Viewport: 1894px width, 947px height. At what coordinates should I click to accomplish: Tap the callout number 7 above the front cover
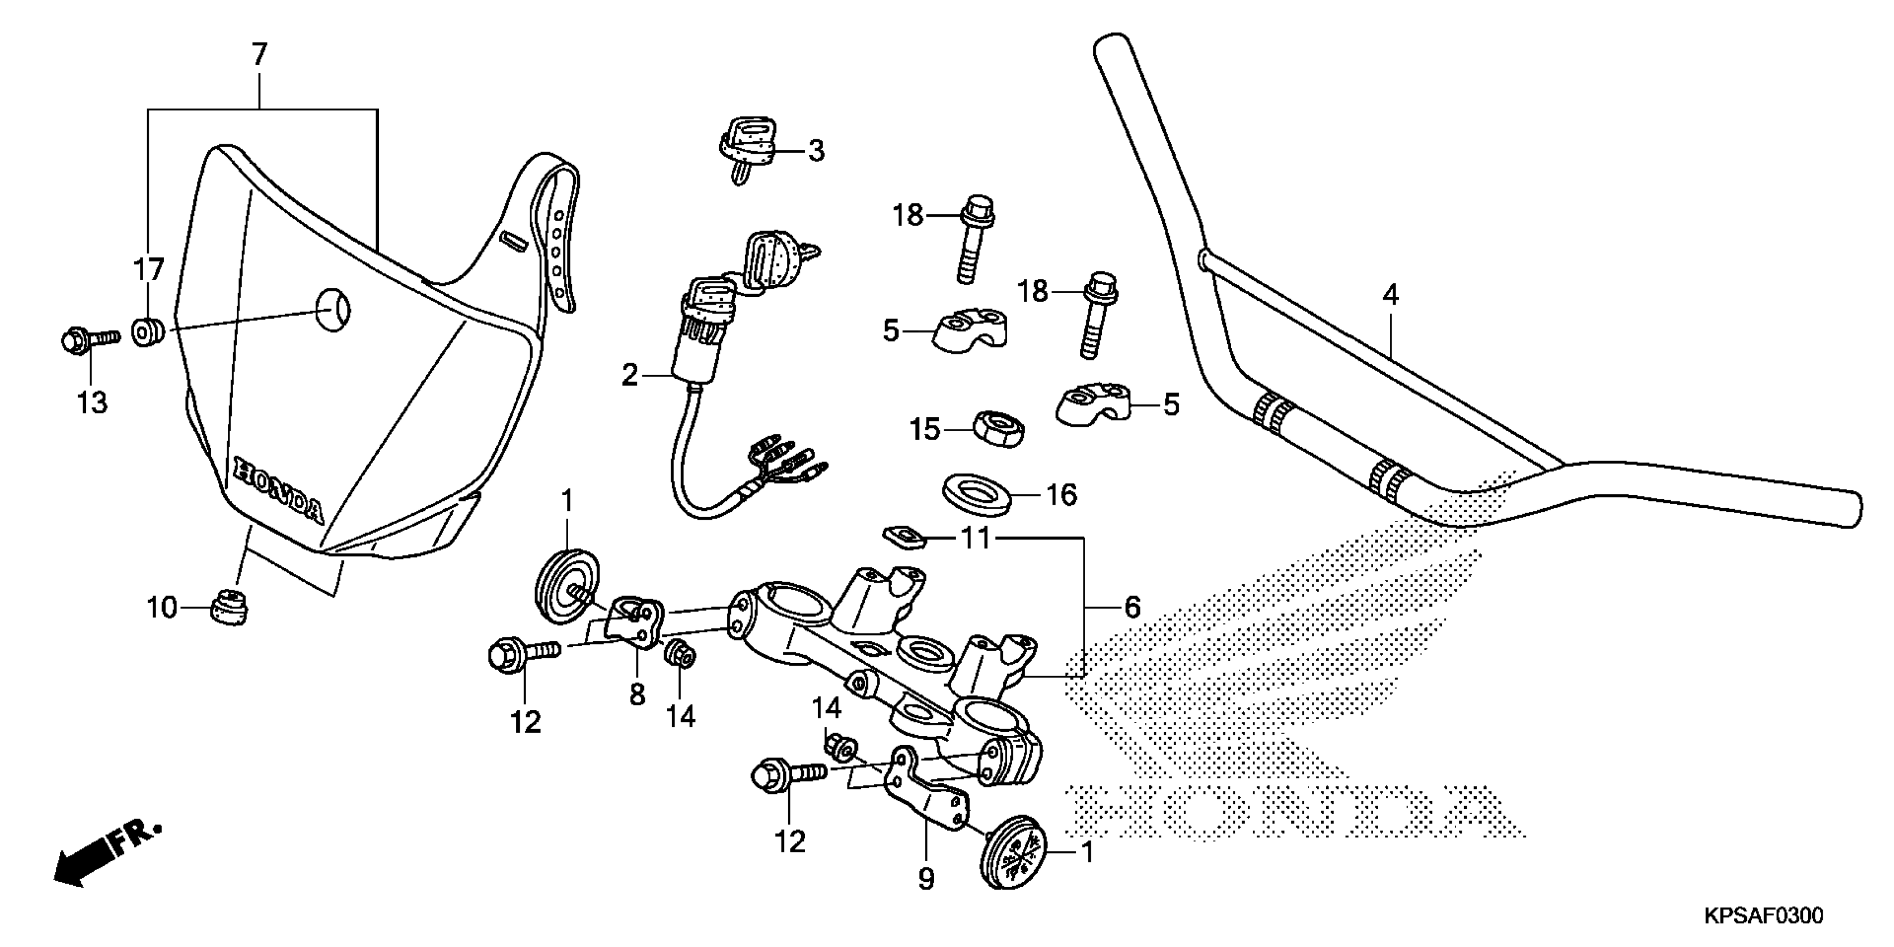(259, 56)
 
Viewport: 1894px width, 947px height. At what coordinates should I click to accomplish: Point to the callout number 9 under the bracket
(926, 878)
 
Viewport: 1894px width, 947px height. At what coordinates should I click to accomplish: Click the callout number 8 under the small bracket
(637, 694)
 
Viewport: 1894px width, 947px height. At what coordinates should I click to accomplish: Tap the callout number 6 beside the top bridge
(1133, 607)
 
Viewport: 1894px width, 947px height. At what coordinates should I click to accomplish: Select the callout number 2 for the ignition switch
(630, 375)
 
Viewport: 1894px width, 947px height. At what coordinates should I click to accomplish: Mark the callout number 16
(1061, 495)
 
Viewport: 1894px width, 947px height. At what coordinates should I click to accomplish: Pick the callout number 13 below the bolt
(92, 403)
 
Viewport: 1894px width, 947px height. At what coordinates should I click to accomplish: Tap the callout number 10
(163, 608)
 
